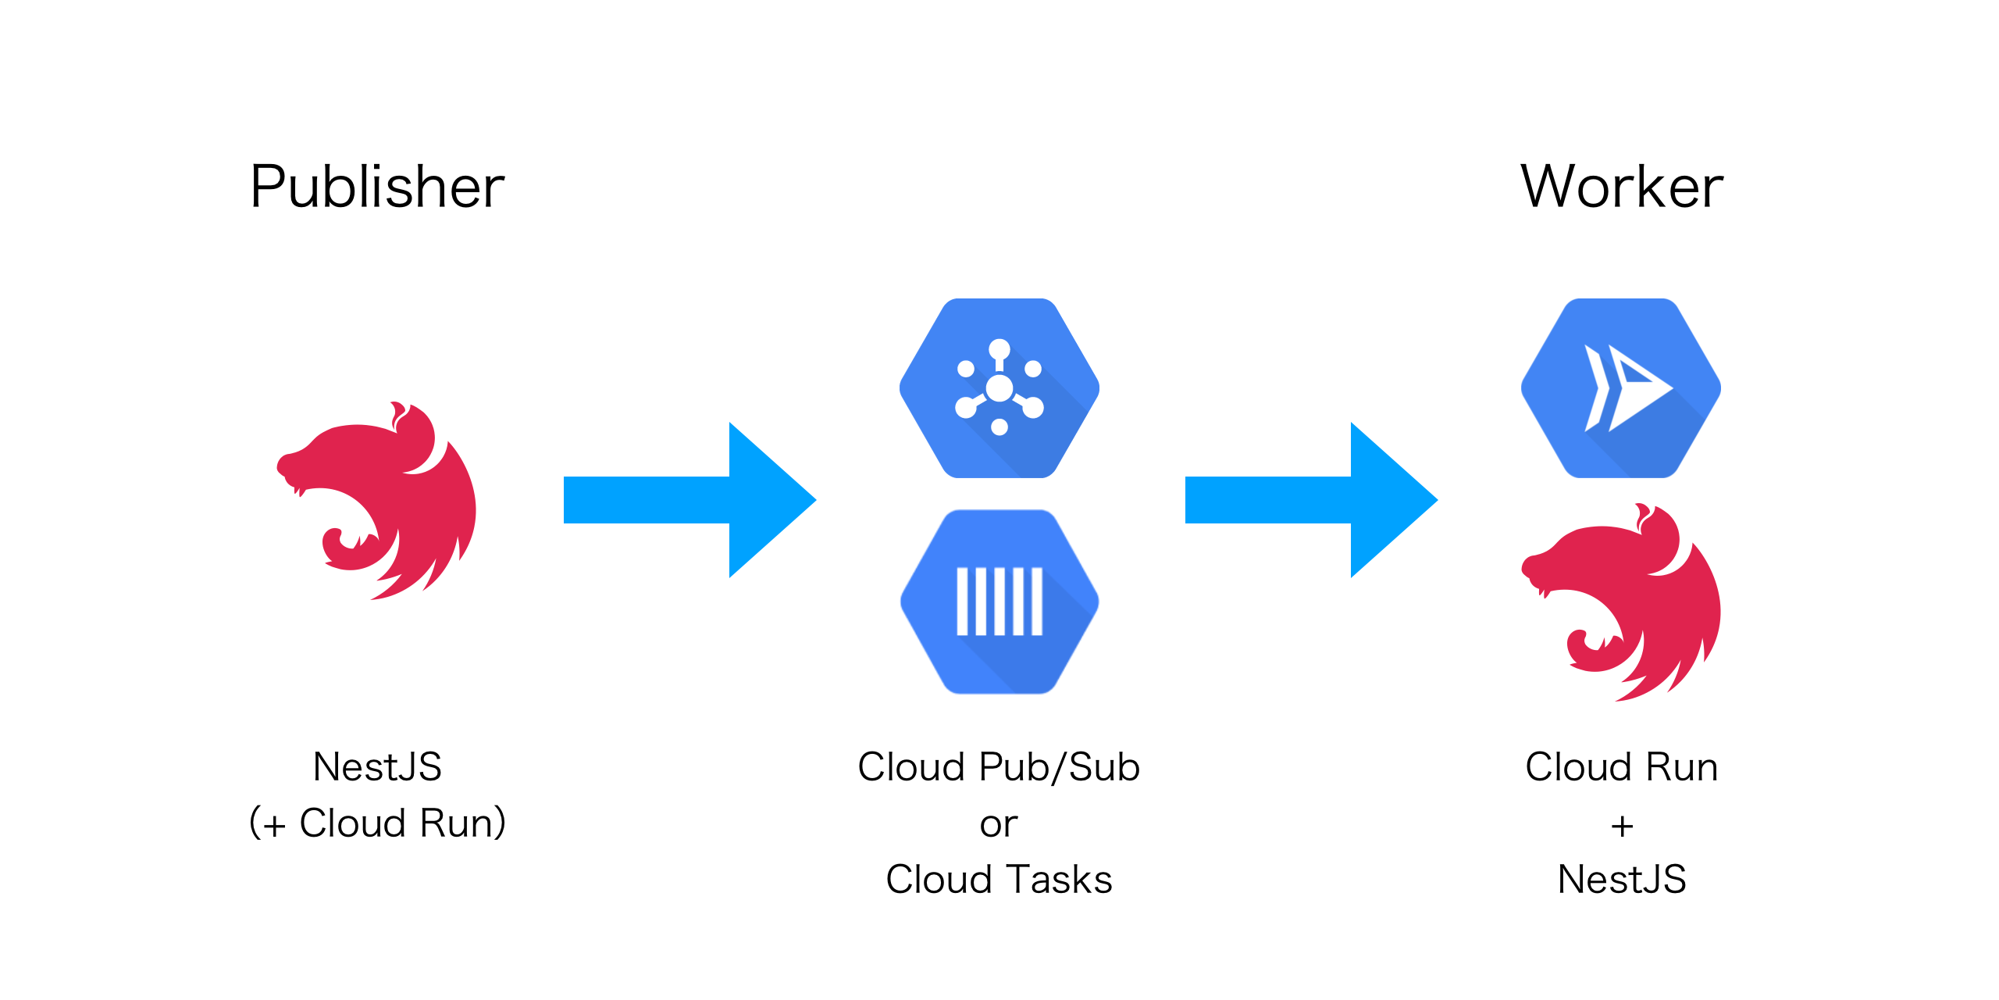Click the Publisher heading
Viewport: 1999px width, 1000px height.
[x=377, y=187]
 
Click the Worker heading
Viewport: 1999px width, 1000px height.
[x=1622, y=187]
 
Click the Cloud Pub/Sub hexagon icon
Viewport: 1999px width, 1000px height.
[x=999, y=388]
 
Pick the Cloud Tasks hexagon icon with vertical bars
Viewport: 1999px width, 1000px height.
[x=999, y=602]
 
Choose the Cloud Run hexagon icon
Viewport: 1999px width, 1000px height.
[x=1621, y=388]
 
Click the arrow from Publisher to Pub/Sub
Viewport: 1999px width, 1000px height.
[x=687, y=500]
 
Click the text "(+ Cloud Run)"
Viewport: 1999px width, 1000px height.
[x=377, y=823]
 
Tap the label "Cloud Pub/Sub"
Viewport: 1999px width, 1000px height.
[x=999, y=766]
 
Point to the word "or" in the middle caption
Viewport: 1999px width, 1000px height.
[x=999, y=824]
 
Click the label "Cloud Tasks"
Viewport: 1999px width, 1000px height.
[x=999, y=880]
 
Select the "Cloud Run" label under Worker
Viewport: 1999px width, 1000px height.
[x=1622, y=766]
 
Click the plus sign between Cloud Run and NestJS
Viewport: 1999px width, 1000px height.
[x=1622, y=826]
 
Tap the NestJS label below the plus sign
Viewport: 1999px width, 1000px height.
[x=1622, y=880]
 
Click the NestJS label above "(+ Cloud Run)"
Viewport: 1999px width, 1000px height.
[x=377, y=766]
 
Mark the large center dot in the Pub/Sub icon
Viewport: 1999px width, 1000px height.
[x=999, y=387]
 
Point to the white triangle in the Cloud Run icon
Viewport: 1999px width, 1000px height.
[x=1640, y=388]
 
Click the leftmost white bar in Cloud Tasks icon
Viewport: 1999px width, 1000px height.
[x=962, y=602]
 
